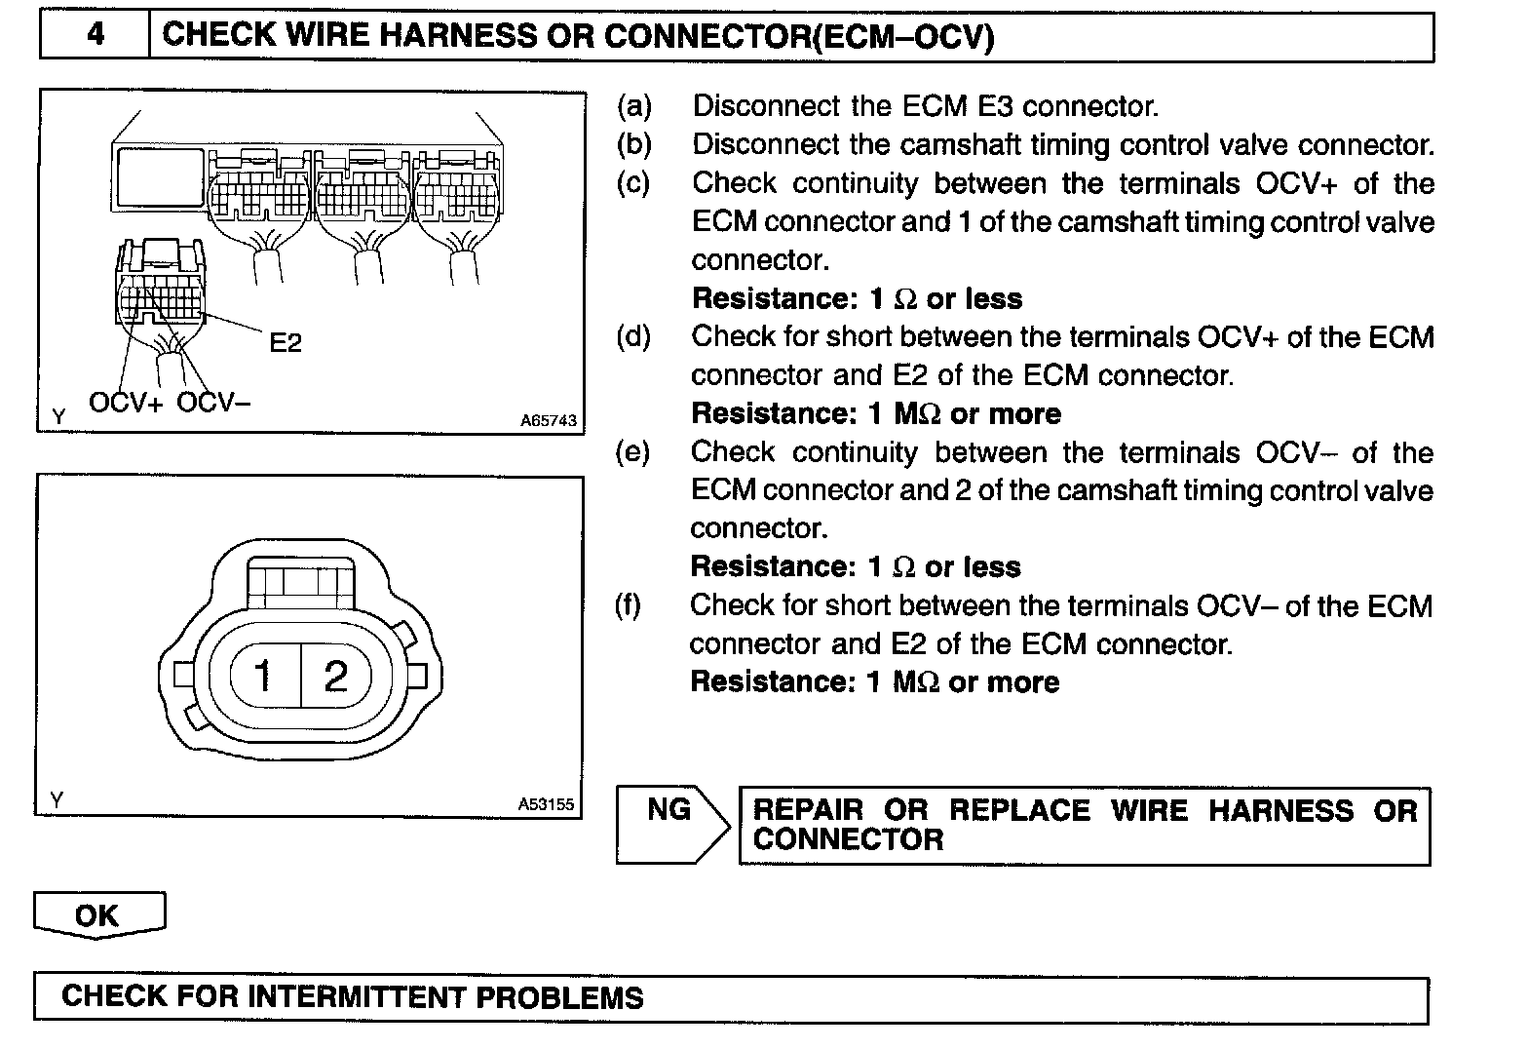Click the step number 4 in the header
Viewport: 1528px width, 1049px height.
95,36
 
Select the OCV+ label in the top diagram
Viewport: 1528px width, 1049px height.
127,402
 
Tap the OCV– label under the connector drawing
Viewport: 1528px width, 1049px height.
213,402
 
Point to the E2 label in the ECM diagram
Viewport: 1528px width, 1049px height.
286,342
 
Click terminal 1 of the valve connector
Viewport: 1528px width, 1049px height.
263,675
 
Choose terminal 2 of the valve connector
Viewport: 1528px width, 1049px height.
335,675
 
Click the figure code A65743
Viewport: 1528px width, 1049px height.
548,421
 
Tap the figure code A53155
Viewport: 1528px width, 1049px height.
546,804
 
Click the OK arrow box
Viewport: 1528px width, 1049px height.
98,915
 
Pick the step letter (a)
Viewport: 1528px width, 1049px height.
633,106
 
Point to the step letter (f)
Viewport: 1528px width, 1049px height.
629,605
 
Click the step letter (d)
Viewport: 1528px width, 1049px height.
633,337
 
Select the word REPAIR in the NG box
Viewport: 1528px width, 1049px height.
809,811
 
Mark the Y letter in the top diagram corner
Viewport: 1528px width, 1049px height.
58,417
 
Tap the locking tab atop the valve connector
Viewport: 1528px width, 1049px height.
300,583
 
